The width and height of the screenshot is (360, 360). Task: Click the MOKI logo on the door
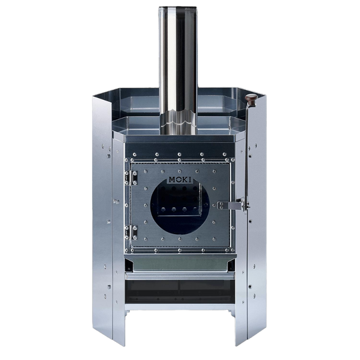180,179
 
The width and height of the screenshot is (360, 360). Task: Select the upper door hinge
131,178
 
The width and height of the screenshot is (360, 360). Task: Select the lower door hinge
131,233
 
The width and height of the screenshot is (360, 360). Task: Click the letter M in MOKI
172,179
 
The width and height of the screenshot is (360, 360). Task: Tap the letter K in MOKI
185,179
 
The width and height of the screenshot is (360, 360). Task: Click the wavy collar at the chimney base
178,121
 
